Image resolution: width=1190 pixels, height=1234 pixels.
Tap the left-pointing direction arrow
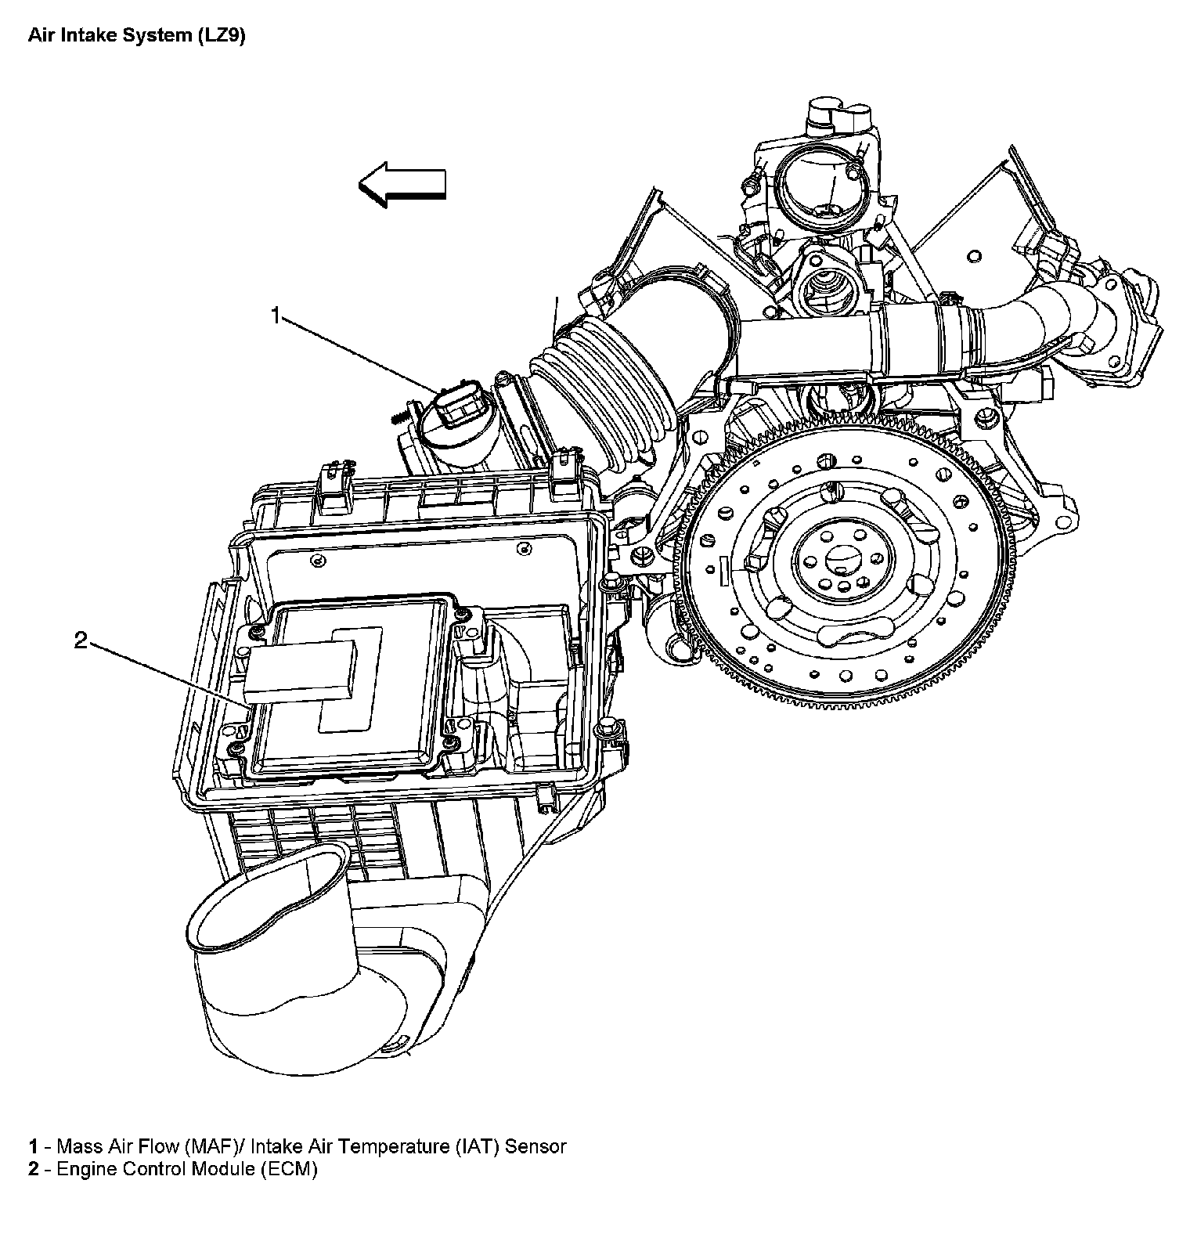coord(402,185)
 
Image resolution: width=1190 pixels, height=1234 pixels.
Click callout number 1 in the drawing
coord(275,316)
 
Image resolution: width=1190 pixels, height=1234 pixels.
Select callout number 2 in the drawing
coord(81,641)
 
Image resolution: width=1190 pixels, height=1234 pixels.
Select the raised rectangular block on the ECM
coord(300,669)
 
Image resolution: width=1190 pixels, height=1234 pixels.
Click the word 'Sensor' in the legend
coord(535,1147)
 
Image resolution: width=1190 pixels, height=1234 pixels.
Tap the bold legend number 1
coord(33,1147)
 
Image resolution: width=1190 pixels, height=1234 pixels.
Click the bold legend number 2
coord(33,1170)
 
